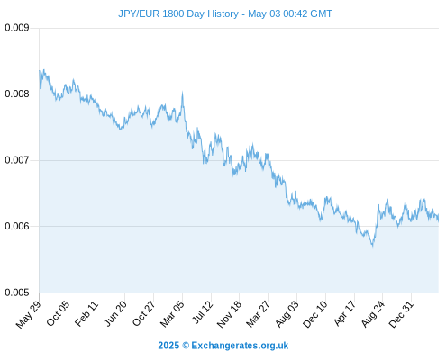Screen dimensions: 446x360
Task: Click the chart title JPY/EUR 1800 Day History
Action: [x=178, y=13]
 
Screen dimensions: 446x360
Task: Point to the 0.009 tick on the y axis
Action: [x=17, y=28]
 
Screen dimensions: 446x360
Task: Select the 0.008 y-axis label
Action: [x=17, y=94]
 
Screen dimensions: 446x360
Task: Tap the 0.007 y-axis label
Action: [x=17, y=160]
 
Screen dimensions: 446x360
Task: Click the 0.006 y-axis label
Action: [x=17, y=226]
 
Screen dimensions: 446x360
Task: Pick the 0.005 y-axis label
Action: [x=17, y=292]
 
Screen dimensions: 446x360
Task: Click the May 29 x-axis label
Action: [x=29, y=314]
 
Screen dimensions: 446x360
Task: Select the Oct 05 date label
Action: [x=58, y=313]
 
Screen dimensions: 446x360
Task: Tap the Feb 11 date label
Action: [x=86, y=313]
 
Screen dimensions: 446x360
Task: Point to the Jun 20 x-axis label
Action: [x=115, y=313]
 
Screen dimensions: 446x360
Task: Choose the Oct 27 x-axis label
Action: [x=144, y=313]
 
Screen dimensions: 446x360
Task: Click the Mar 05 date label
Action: [x=172, y=314]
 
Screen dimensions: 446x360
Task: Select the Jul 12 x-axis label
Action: [x=203, y=312]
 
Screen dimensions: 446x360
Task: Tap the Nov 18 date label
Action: [x=229, y=314]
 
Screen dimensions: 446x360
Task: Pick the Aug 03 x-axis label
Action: [x=287, y=314]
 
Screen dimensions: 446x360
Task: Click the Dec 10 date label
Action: [x=315, y=314]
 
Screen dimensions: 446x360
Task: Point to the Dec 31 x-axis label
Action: [x=401, y=314]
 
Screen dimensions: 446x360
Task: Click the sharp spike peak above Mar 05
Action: [x=182, y=93]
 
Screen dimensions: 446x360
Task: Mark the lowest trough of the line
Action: [x=373, y=247]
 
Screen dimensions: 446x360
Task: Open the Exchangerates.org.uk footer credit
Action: [x=240, y=346]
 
